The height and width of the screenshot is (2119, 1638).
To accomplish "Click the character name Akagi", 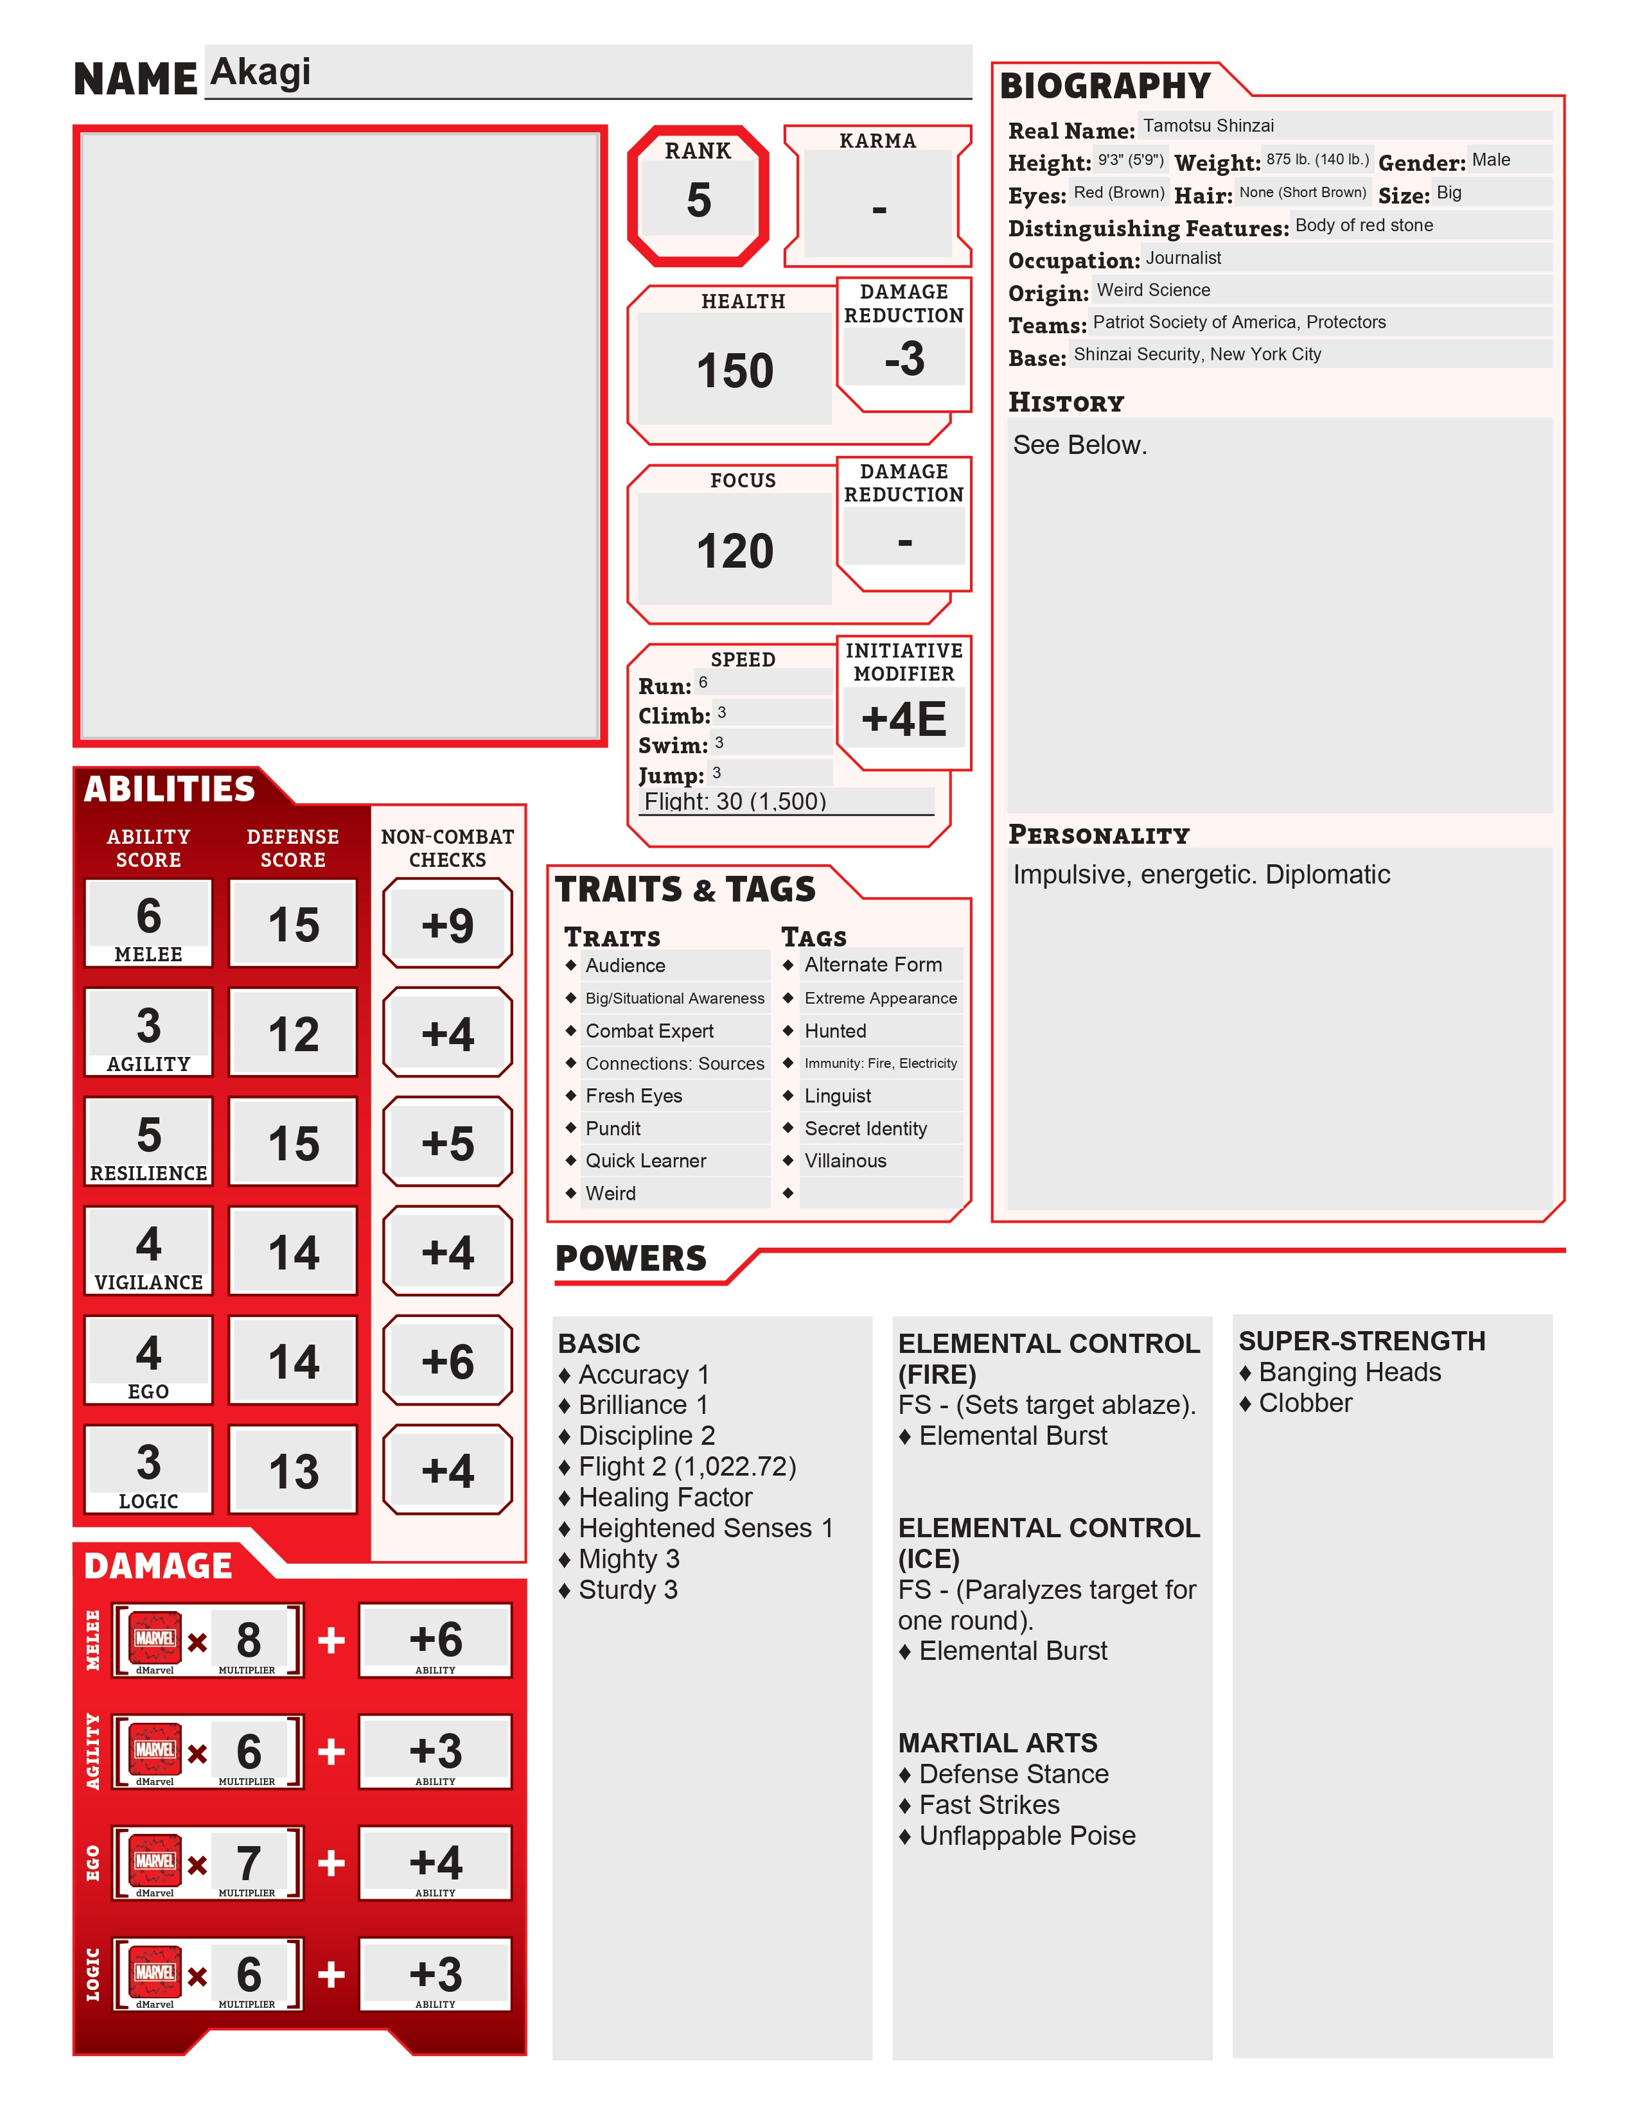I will [x=260, y=72].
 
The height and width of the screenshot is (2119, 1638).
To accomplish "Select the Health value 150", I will [x=735, y=371].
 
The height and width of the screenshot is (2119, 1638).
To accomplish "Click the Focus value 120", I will [x=735, y=551].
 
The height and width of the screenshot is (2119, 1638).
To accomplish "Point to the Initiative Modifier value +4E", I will [x=903, y=719].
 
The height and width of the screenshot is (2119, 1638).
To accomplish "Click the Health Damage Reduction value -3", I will [x=903, y=359].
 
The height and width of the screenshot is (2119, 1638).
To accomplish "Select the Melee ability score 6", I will [x=148, y=915].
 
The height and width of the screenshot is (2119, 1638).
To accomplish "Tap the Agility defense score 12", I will [x=293, y=1034].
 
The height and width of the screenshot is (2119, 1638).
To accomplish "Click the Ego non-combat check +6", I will [x=447, y=1361].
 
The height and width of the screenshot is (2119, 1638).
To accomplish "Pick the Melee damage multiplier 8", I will [x=249, y=1640].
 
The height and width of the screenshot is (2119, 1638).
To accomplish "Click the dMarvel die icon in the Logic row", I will [x=155, y=1973].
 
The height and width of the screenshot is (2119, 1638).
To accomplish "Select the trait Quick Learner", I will [x=646, y=1160].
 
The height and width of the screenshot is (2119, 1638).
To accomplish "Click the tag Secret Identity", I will [x=866, y=1128].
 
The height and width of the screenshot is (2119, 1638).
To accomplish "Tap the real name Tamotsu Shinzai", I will [x=1208, y=125].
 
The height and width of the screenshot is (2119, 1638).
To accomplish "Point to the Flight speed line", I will [x=735, y=801].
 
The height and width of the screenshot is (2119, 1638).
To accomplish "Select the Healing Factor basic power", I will [x=665, y=1497].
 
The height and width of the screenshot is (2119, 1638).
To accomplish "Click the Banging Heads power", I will [x=1349, y=1372].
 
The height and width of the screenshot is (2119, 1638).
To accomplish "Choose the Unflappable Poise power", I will [x=1026, y=1836].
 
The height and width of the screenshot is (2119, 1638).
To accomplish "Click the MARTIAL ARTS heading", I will [x=998, y=1743].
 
